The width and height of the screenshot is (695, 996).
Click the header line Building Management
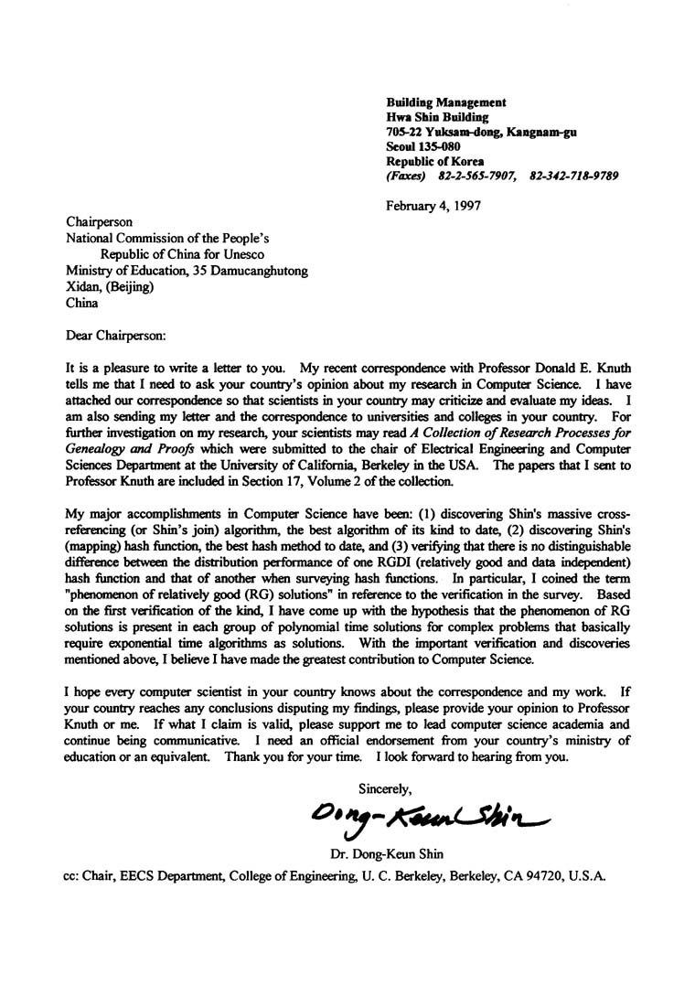446,102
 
